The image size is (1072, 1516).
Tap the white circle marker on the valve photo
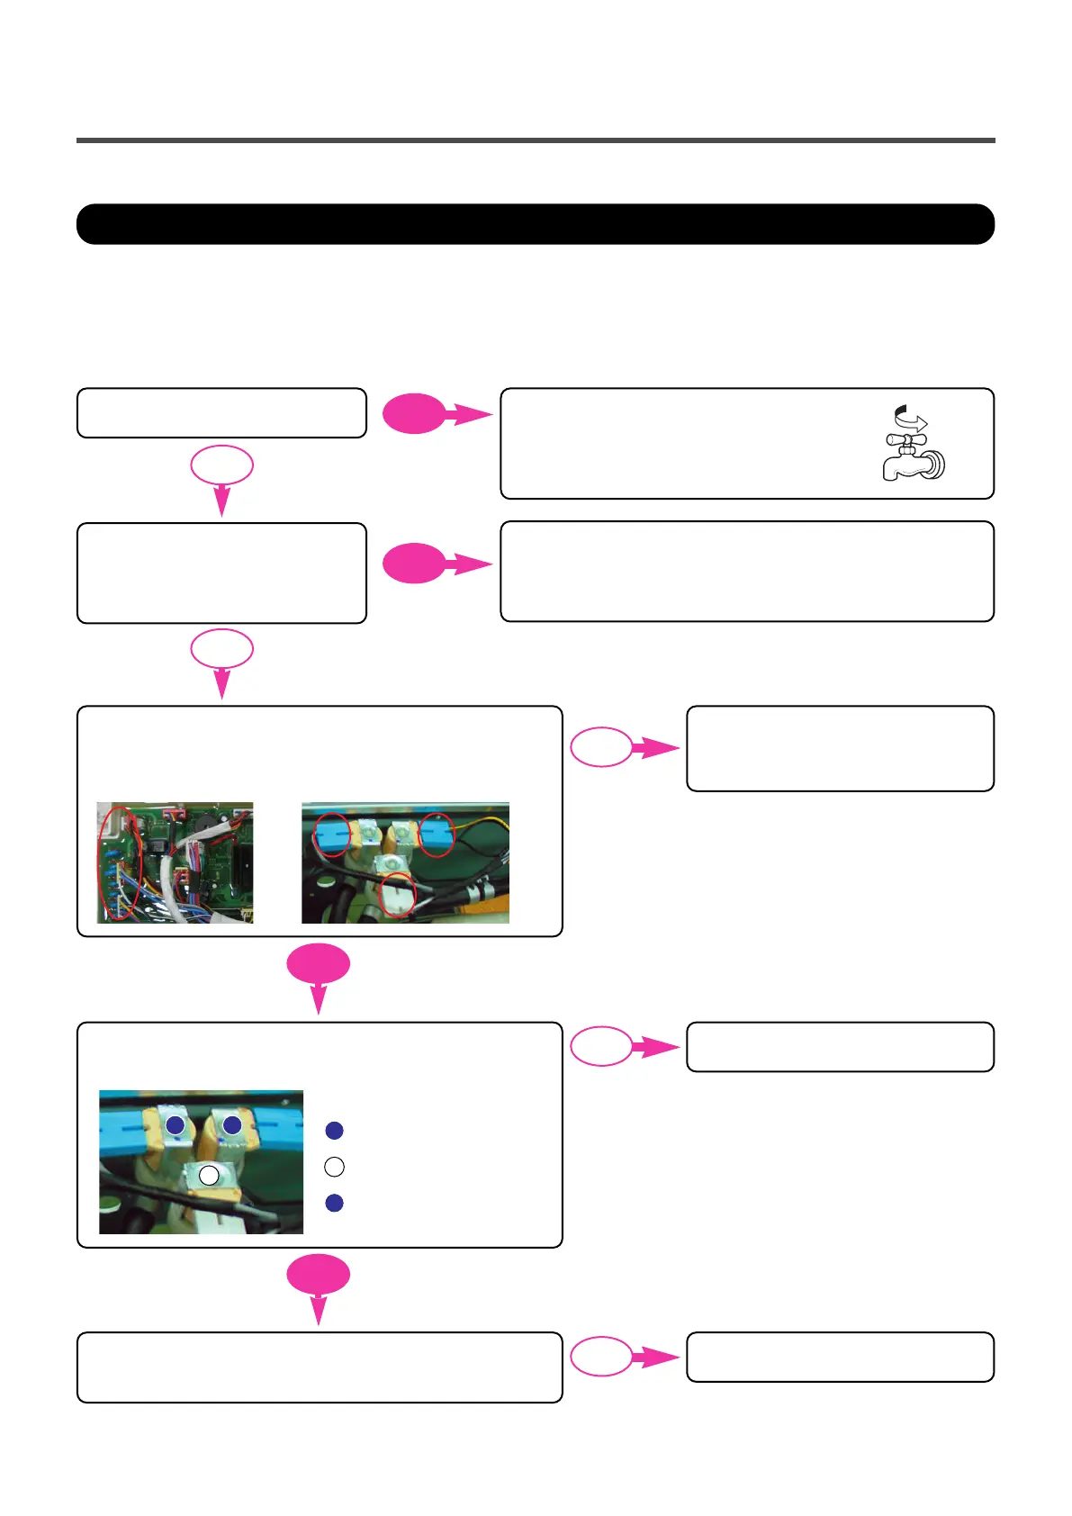[x=209, y=1175]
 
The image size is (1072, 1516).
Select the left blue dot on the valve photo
[x=176, y=1124]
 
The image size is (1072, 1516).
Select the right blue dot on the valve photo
[x=232, y=1124]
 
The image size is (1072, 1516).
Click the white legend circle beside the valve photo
[x=334, y=1167]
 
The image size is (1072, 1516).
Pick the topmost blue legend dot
[x=334, y=1131]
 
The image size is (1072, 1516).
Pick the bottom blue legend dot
[x=334, y=1203]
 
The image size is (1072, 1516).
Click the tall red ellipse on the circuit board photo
[x=120, y=863]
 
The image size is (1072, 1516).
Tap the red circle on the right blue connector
[x=437, y=835]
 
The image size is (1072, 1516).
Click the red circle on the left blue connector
[x=331, y=835]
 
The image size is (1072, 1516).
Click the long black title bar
[x=536, y=224]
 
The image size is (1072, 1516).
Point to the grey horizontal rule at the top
[x=536, y=140]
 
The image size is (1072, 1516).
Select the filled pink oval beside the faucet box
[x=414, y=415]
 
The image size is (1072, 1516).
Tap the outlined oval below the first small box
[x=221, y=466]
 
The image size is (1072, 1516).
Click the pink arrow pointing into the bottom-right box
[x=655, y=1357]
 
